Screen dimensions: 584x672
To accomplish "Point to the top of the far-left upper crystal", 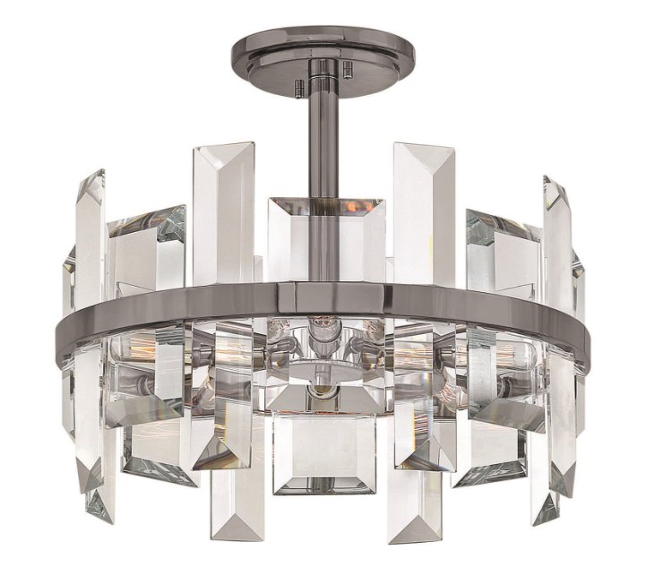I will (x=90, y=179).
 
